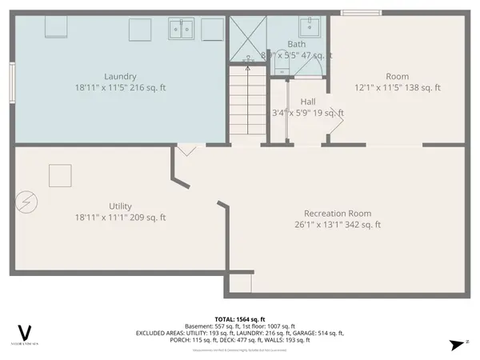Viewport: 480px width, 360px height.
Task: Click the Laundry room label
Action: [120, 76]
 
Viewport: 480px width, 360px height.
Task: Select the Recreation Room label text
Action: [338, 214]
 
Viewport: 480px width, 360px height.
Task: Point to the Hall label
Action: [308, 102]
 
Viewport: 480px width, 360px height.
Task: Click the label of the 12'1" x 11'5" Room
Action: [398, 76]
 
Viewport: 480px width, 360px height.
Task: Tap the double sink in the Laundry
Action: [181, 29]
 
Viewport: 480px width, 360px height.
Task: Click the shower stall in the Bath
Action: [249, 38]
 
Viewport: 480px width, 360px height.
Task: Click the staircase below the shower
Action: [248, 104]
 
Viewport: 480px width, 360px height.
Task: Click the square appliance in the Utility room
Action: [60, 175]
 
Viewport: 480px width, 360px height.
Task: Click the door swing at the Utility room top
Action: [187, 150]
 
